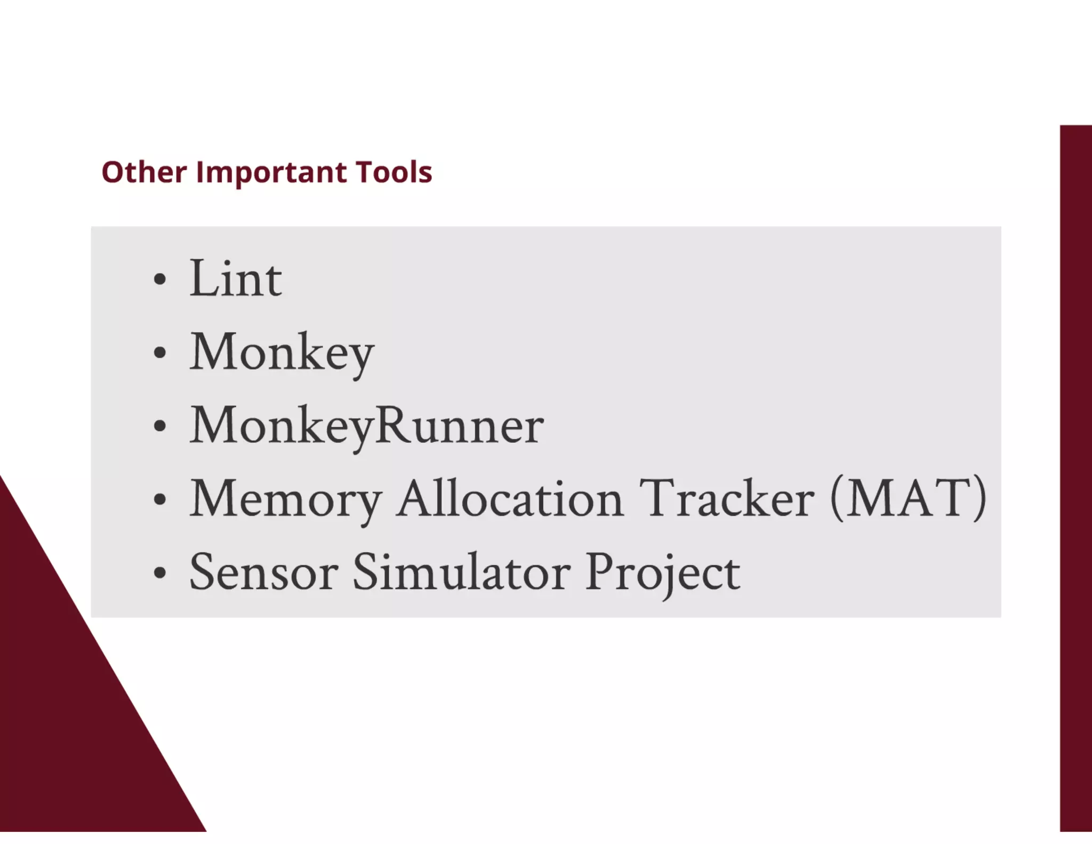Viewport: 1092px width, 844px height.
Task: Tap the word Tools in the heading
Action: click(394, 172)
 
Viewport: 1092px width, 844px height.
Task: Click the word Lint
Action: click(235, 278)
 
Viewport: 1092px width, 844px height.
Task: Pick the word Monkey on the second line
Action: click(282, 352)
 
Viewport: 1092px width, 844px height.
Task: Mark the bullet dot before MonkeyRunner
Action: click(159, 426)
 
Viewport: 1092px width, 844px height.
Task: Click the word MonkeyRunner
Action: click(367, 426)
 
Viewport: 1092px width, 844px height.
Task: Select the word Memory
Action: click(286, 499)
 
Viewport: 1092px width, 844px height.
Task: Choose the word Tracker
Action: click(727, 498)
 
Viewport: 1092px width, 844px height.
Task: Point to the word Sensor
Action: click(263, 572)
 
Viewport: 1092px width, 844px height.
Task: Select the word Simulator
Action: click(461, 572)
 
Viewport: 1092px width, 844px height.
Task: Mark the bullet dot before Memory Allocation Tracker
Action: click(159, 499)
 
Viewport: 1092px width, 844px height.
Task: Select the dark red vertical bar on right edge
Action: click(1075, 480)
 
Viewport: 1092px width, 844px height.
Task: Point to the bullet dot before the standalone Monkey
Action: click(159, 353)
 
